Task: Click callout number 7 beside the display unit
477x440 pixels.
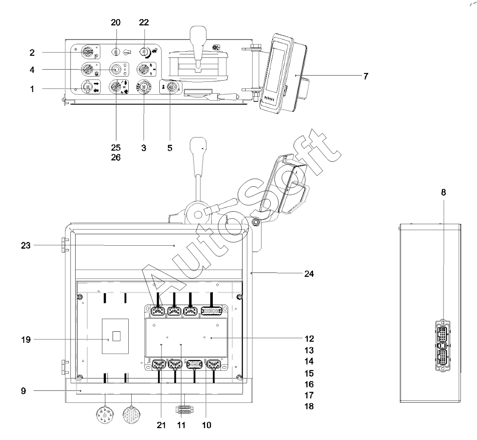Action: (366, 76)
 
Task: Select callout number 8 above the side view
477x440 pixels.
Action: (443, 192)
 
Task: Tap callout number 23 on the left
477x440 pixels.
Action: (26, 246)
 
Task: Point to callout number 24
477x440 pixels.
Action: (309, 274)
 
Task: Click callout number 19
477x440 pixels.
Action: (26, 340)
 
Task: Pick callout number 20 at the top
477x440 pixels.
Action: (116, 22)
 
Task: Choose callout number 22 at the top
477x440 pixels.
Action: (144, 22)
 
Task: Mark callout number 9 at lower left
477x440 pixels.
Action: (23, 391)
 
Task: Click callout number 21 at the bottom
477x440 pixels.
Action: (161, 425)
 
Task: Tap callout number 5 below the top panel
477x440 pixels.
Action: (170, 148)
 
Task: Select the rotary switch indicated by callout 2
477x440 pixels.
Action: (87, 53)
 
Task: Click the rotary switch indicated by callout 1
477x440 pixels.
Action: (87, 87)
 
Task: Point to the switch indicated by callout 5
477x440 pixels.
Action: (171, 87)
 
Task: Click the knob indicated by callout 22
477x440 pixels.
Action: (144, 52)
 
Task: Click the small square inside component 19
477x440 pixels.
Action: (116, 336)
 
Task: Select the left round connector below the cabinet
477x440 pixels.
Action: (104, 415)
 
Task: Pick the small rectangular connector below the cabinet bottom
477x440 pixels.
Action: (184, 409)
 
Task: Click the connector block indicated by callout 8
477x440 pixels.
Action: (443, 345)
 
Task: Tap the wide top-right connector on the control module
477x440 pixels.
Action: (212, 311)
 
